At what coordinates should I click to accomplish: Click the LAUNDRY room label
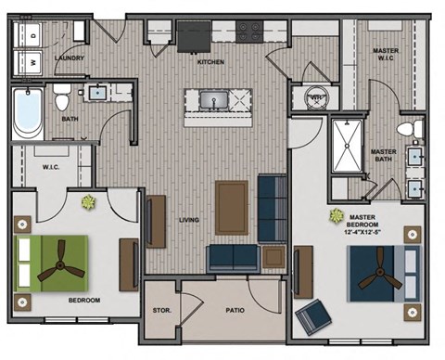point(70,58)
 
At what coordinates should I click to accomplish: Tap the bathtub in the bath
point(27,114)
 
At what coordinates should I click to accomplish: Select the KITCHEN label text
point(211,61)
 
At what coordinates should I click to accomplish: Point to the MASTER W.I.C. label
point(384,56)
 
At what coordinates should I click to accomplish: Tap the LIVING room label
point(191,219)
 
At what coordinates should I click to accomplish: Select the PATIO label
point(235,312)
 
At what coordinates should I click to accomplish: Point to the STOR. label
point(159,312)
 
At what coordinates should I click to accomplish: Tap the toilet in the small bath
point(61,96)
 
